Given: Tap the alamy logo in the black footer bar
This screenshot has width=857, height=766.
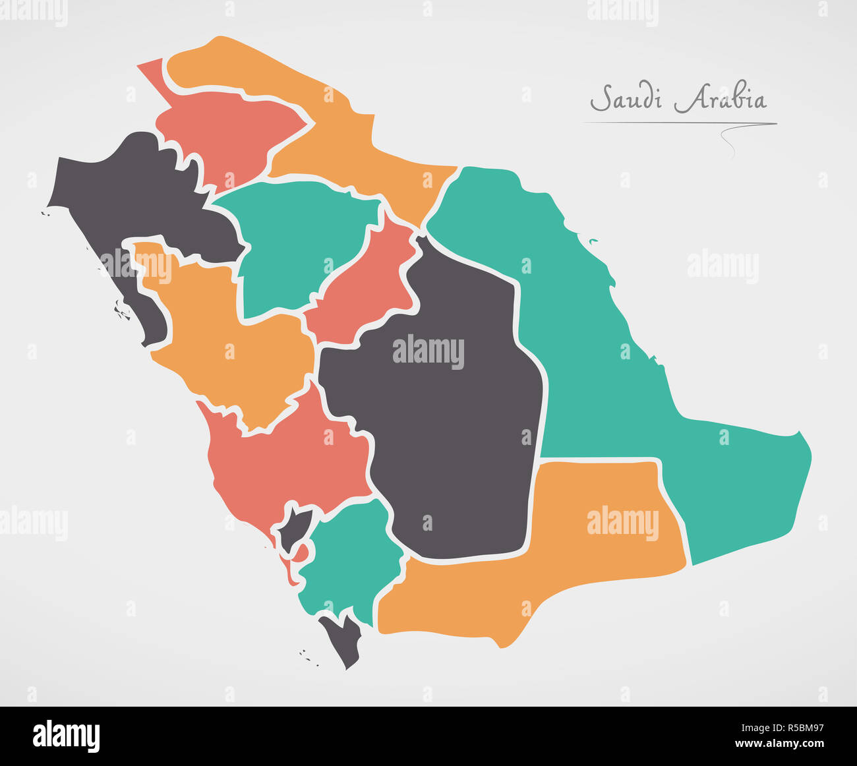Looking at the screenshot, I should point(66,736).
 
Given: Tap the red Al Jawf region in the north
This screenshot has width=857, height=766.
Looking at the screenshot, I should point(224,132).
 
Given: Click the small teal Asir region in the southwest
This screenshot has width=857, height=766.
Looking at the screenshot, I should point(349,560).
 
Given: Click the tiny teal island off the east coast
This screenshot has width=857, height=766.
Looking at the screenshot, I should point(593,241).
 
